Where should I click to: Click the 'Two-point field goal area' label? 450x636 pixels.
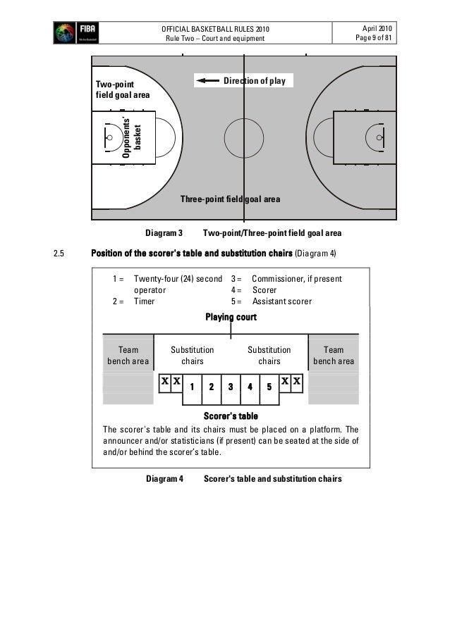[122, 89]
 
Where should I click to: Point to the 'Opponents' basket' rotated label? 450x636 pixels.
[133, 137]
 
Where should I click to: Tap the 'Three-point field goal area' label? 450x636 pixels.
[230, 199]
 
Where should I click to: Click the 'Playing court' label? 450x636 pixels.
[231, 318]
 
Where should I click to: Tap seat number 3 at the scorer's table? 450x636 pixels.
[230, 387]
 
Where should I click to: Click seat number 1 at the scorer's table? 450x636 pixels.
[192, 387]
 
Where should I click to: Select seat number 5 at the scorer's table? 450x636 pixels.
[269, 387]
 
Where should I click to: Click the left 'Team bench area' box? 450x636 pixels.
[128, 356]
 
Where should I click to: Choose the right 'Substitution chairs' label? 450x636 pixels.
[269, 356]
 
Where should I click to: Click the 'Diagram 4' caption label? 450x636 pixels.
[164, 479]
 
